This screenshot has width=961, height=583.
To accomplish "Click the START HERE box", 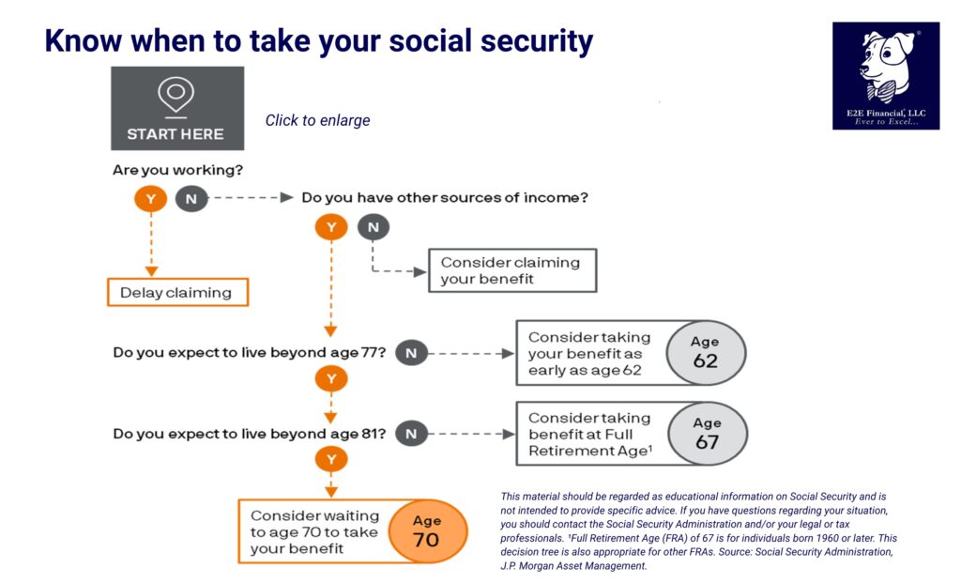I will coord(177,109).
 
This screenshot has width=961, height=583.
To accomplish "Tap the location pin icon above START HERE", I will coord(175,95).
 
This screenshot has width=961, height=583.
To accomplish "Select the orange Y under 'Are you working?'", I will coord(151,199).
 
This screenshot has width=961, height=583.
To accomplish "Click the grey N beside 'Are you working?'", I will coord(191,199).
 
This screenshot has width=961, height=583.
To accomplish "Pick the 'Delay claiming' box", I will coord(176,293).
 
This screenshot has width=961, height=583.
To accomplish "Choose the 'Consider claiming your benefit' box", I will coord(512,270).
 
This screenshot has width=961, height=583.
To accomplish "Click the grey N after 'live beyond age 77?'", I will coord(411,353).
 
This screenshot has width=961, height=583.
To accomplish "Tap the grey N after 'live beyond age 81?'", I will coord(411,434).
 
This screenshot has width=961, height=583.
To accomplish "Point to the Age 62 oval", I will coord(705,353).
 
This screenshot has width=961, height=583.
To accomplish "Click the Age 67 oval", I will coord(707,434).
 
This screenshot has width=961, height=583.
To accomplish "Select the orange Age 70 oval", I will coord(426,531).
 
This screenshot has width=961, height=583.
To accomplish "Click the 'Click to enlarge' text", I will coord(317,120).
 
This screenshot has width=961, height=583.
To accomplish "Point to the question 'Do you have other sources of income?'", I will coord(445,198).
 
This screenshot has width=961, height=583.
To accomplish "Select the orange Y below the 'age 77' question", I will coord(331,379).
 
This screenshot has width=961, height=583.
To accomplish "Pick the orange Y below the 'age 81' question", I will coord(331,460).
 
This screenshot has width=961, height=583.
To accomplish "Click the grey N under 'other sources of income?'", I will coord(374,227).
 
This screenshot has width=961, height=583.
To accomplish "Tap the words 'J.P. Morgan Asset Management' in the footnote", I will coord(573,566).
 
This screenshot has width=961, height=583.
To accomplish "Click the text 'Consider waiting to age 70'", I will coord(313,524).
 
